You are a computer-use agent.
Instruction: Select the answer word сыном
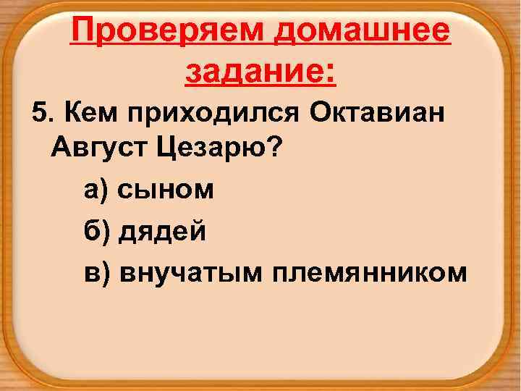point(165,192)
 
